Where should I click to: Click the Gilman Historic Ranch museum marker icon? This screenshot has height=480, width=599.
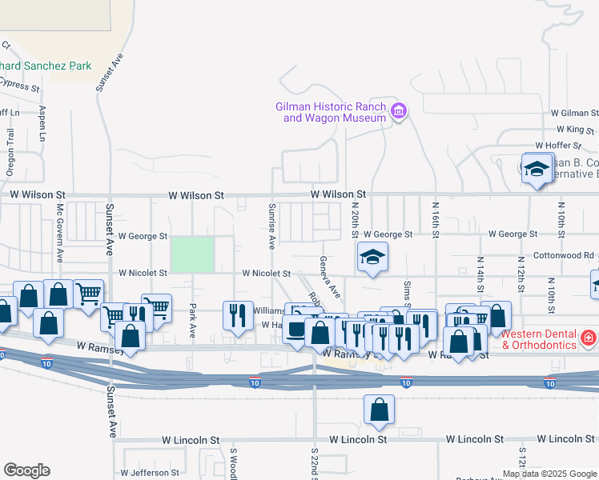398,111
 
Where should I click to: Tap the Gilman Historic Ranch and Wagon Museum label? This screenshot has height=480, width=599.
331,112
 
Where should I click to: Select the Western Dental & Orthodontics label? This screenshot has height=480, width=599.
540,339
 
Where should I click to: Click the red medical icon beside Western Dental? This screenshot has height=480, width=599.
589,339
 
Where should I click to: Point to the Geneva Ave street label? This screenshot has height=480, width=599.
326,276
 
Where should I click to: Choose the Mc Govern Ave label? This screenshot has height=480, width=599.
60,232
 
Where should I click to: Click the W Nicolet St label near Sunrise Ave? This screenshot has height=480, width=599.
267,273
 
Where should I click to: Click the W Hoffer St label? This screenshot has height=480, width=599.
573,145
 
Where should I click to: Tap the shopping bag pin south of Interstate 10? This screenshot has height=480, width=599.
380,410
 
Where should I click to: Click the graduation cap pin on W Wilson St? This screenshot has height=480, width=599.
537,169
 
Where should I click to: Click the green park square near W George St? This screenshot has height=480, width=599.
192,254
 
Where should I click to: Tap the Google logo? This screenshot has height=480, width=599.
26,470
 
